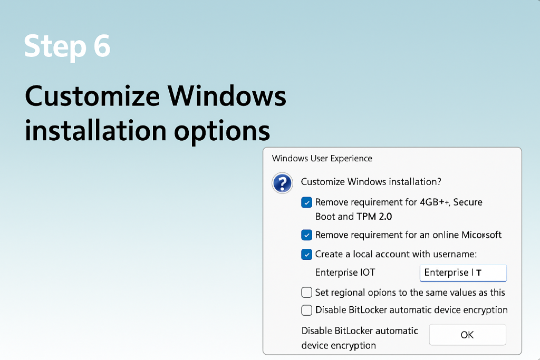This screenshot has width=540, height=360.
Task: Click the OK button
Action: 467,335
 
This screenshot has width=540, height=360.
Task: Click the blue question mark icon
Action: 282,183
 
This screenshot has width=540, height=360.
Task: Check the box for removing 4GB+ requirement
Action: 306,202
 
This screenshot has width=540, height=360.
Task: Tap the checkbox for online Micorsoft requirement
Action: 306,235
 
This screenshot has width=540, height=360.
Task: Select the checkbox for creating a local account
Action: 306,255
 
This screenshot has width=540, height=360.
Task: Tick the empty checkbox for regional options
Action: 306,293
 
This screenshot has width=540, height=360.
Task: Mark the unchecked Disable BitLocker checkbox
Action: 306,310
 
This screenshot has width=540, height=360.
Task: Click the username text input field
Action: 463,273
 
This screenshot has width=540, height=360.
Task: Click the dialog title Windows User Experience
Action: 322,158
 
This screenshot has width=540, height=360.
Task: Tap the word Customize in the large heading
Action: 92,98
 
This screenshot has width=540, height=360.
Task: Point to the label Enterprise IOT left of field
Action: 345,273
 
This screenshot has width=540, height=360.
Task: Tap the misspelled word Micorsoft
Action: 481,235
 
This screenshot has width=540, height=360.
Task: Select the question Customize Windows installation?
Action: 371,182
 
